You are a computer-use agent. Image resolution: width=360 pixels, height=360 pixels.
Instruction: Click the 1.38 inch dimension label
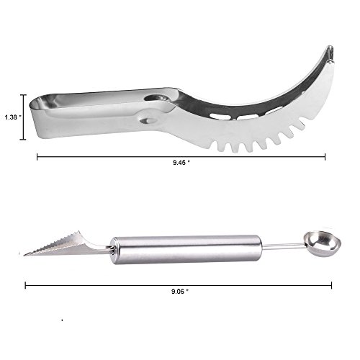coord(13,117)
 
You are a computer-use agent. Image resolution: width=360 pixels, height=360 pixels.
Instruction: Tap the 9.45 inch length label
coord(181,163)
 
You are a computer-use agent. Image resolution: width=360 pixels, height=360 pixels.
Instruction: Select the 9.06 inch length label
coord(180,292)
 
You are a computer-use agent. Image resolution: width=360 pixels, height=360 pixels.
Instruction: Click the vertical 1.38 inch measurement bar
coord(23,117)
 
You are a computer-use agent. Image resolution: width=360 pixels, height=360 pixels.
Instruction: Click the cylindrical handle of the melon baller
coord(186,250)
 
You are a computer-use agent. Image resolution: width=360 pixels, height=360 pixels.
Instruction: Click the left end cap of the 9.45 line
coord(37,157)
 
